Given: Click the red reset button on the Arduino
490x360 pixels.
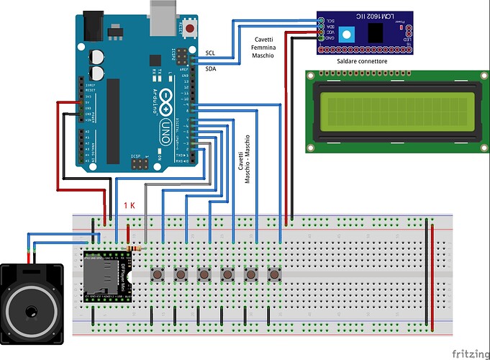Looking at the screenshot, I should [x=190, y=29].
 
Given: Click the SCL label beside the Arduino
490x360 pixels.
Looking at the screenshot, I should [x=210, y=53].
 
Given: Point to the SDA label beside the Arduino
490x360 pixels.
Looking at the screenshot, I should [x=210, y=68].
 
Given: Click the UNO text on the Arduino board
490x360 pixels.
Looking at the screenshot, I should [x=165, y=130].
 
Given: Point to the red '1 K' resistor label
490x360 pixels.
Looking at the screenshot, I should [x=130, y=206].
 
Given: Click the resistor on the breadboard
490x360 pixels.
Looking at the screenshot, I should [x=134, y=248].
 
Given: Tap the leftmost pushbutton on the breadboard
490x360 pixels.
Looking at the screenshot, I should [x=157, y=274].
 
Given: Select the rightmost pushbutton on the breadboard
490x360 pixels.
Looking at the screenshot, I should [x=274, y=274].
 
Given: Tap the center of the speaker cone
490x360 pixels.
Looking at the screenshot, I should [x=31, y=312].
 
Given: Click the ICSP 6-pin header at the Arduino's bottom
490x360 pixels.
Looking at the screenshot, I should [x=139, y=165].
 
